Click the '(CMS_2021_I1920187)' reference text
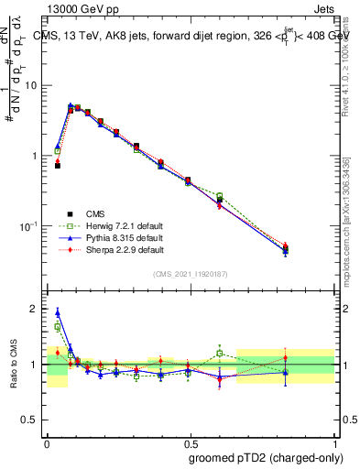(x=191, y=274)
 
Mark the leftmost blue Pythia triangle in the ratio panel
(x=58, y=312)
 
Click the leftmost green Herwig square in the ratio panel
(x=58, y=326)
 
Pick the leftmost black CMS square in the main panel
(x=58, y=166)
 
